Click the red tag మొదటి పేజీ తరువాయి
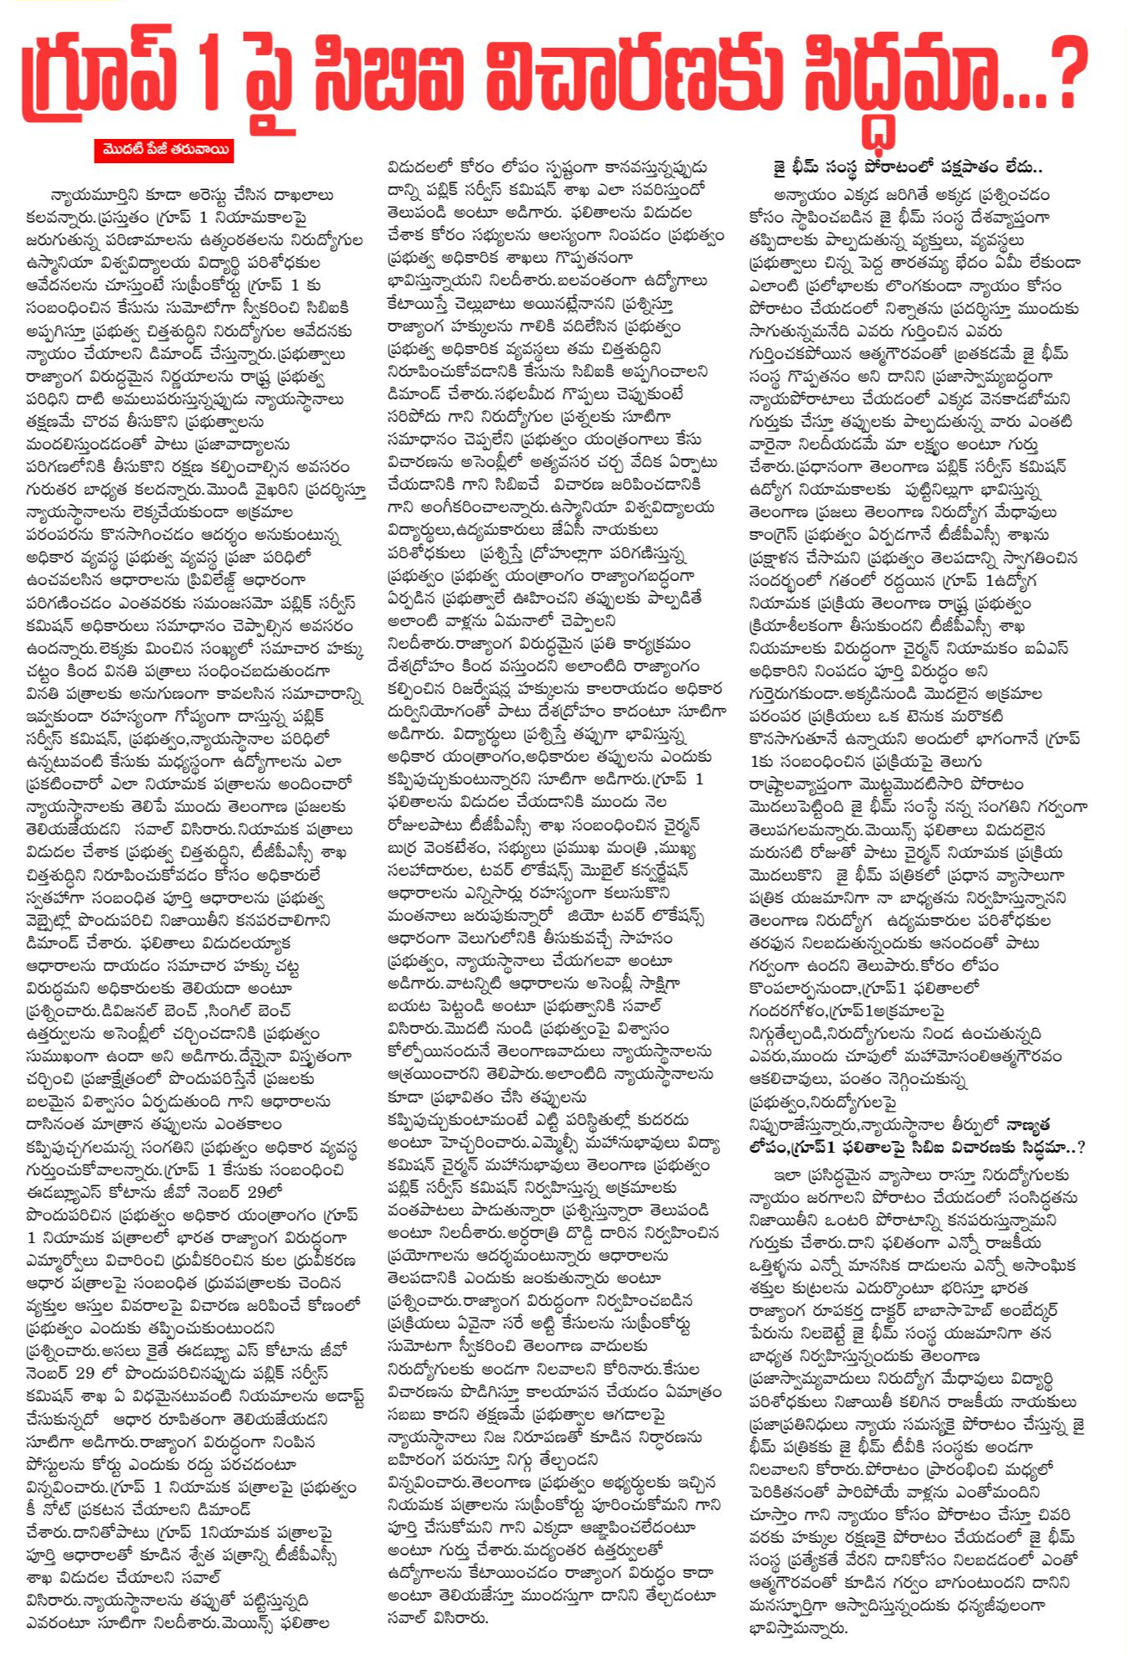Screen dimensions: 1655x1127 tap(164, 150)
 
